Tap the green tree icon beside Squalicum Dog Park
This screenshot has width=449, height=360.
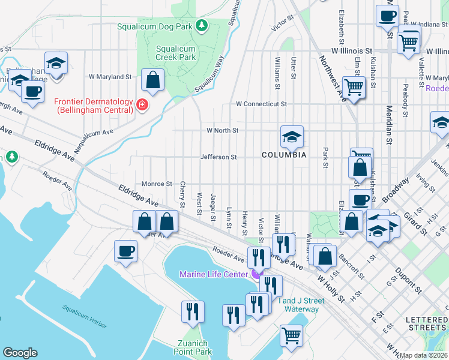click(x=202, y=25)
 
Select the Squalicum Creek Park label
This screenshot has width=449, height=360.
click(x=175, y=53)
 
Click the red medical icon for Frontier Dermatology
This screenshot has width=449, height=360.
click(x=142, y=106)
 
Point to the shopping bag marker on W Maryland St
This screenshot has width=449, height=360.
click(x=153, y=80)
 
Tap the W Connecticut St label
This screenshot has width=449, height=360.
click(x=261, y=104)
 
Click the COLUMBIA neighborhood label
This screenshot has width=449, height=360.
click(x=284, y=155)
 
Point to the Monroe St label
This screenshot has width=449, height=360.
click(x=157, y=184)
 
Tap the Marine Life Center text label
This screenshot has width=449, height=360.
click(x=214, y=275)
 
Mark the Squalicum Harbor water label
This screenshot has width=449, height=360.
click(x=85, y=316)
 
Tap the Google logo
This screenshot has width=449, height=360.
click(x=20, y=353)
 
